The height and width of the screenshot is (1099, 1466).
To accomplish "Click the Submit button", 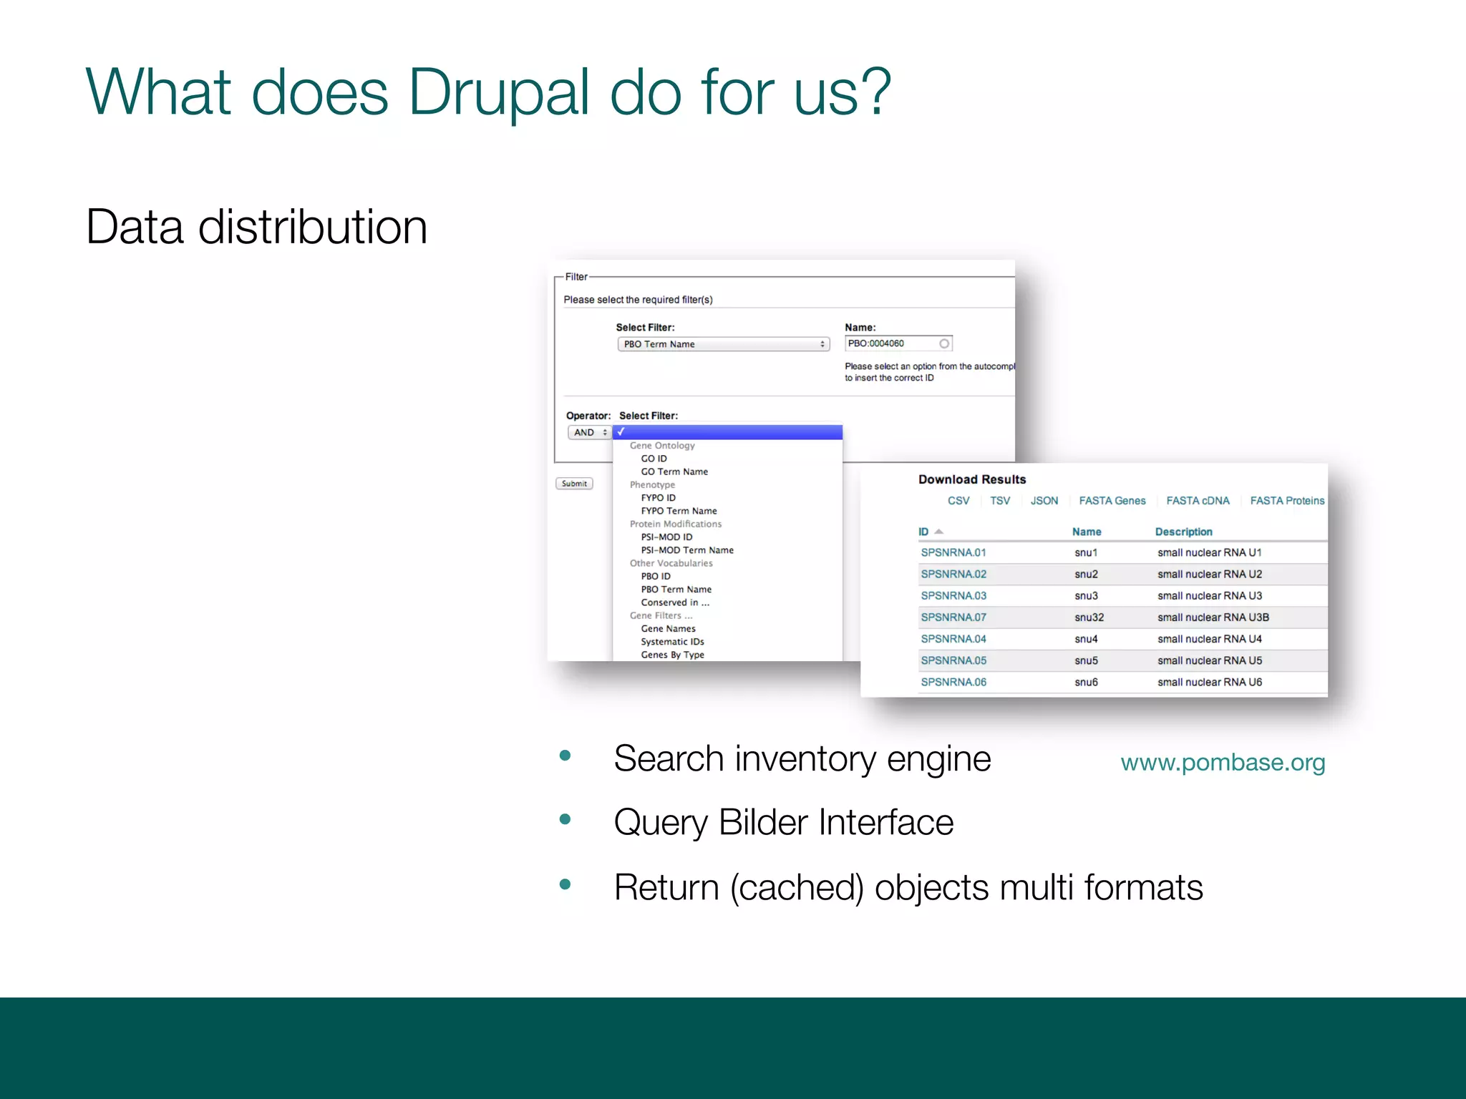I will (x=574, y=484).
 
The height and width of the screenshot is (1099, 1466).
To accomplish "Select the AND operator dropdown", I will (x=589, y=432).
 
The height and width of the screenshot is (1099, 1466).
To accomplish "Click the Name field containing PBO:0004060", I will (x=895, y=343).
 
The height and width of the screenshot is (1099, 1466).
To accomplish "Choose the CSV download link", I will (x=958, y=501).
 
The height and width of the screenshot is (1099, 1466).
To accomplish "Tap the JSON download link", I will (x=1044, y=501).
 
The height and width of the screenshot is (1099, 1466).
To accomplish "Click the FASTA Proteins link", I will (x=1287, y=501).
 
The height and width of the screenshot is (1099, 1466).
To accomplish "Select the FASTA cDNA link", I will (x=1198, y=501).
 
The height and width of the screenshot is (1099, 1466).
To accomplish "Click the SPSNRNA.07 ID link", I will (x=953, y=617).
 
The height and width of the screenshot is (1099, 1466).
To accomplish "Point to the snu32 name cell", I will (x=1089, y=617).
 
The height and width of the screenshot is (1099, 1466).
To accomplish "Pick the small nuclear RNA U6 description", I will (x=1210, y=682).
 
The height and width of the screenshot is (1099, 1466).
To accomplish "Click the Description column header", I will (x=1183, y=532).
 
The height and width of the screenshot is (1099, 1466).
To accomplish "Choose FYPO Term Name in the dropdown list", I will (x=679, y=511).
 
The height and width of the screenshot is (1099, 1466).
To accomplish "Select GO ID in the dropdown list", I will (x=654, y=459).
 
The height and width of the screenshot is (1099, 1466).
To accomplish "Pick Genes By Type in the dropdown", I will (x=672, y=655).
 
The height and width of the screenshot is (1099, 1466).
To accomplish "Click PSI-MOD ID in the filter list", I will (x=666, y=537).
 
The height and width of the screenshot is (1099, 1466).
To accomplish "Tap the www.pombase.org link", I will (x=1223, y=763).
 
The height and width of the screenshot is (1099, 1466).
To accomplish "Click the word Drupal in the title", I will (x=499, y=92).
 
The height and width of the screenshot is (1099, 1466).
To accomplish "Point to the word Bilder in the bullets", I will (x=763, y=822).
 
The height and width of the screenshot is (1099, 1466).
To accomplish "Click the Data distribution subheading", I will (x=256, y=227).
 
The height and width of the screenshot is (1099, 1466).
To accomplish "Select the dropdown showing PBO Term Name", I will (x=723, y=344).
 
